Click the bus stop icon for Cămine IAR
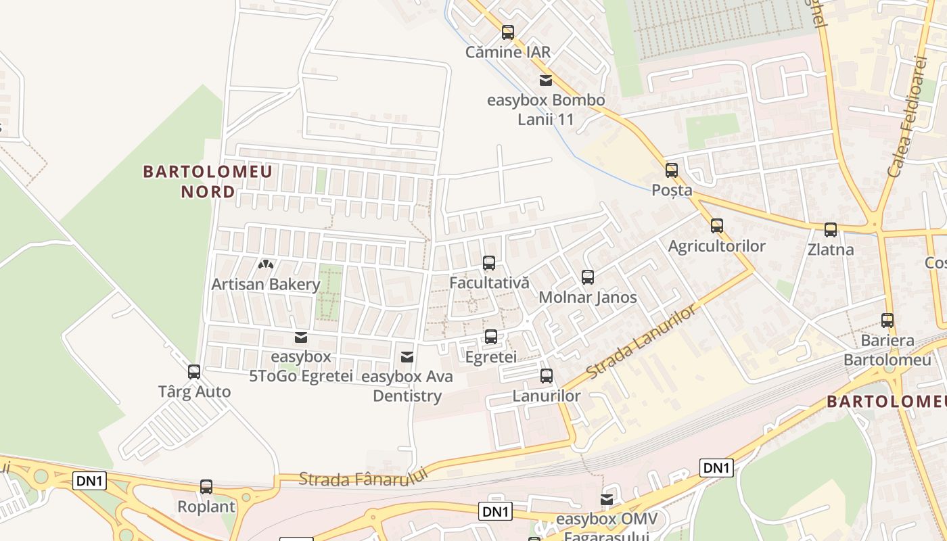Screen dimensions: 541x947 pyautogui.click(x=508, y=32)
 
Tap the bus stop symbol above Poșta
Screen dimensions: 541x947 pyautogui.click(x=672, y=170)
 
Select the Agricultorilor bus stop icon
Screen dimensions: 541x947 pyautogui.click(x=717, y=225)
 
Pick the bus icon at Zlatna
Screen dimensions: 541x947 pyautogui.click(x=831, y=230)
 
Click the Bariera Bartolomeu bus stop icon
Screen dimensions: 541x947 pyautogui.click(x=887, y=320)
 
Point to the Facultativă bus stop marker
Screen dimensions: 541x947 pyautogui.click(x=489, y=262)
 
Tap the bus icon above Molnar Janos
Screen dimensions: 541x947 pyautogui.click(x=588, y=277)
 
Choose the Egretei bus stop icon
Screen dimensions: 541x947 pyautogui.click(x=491, y=336)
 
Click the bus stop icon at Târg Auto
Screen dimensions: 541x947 pyautogui.click(x=194, y=371)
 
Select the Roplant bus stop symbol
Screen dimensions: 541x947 pyautogui.click(x=206, y=486)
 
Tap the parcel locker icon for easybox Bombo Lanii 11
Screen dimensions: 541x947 pyautogui.click(x=546, y=80)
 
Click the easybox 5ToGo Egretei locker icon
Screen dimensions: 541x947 pyautogui.click(x=301, y=337)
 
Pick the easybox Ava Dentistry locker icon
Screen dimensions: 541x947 pyautogui.click(x=407, y=356)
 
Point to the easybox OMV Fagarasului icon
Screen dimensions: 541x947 pyautogui.click(x=607, y=500)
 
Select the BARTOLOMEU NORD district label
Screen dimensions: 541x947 pyautogui.click(x=208, y=181)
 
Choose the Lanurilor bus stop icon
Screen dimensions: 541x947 pyautogui.click(x=547, y=376)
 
